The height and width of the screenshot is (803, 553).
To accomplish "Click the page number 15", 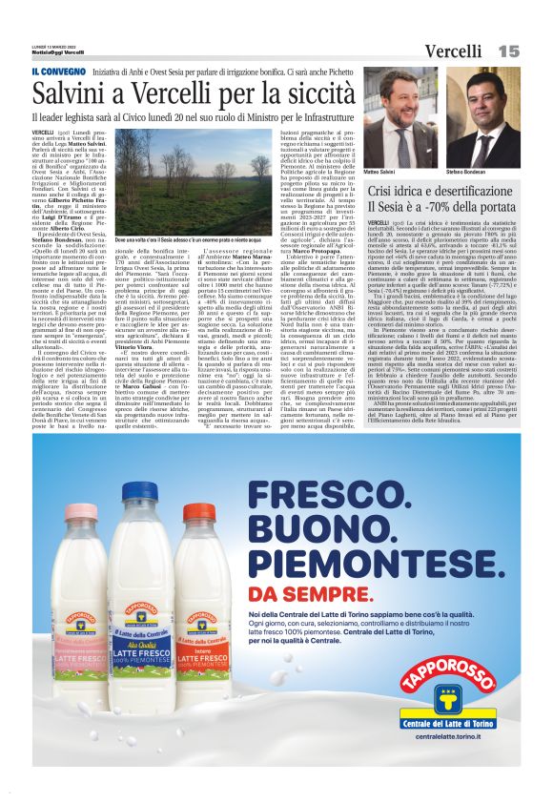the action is coord(508,50).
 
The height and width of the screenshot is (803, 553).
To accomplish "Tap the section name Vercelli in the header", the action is coord(453,50).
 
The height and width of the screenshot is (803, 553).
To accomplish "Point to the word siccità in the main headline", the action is coord(316,94).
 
